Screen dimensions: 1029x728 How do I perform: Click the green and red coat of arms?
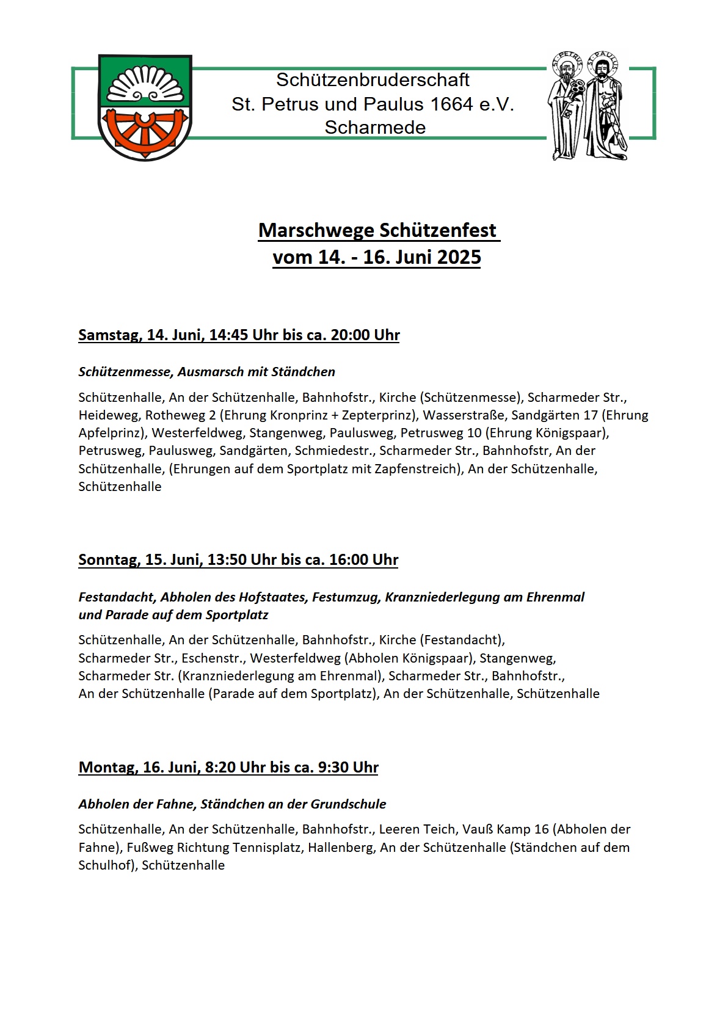click(145, 107)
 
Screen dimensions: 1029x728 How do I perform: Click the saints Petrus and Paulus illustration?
click(587, 105)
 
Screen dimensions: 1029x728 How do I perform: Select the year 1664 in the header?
click(451, 104)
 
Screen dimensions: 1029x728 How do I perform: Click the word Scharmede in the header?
click(375, 128)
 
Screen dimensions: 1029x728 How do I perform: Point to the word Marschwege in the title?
click(316, 231)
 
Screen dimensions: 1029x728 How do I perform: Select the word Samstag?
click(108, 335)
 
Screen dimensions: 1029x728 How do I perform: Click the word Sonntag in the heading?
click(107, 560)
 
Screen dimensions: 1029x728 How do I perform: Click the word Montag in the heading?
click(107, 768)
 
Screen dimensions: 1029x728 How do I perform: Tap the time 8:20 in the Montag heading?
click(221, 768)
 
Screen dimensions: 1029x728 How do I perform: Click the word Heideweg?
click(108, 415)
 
